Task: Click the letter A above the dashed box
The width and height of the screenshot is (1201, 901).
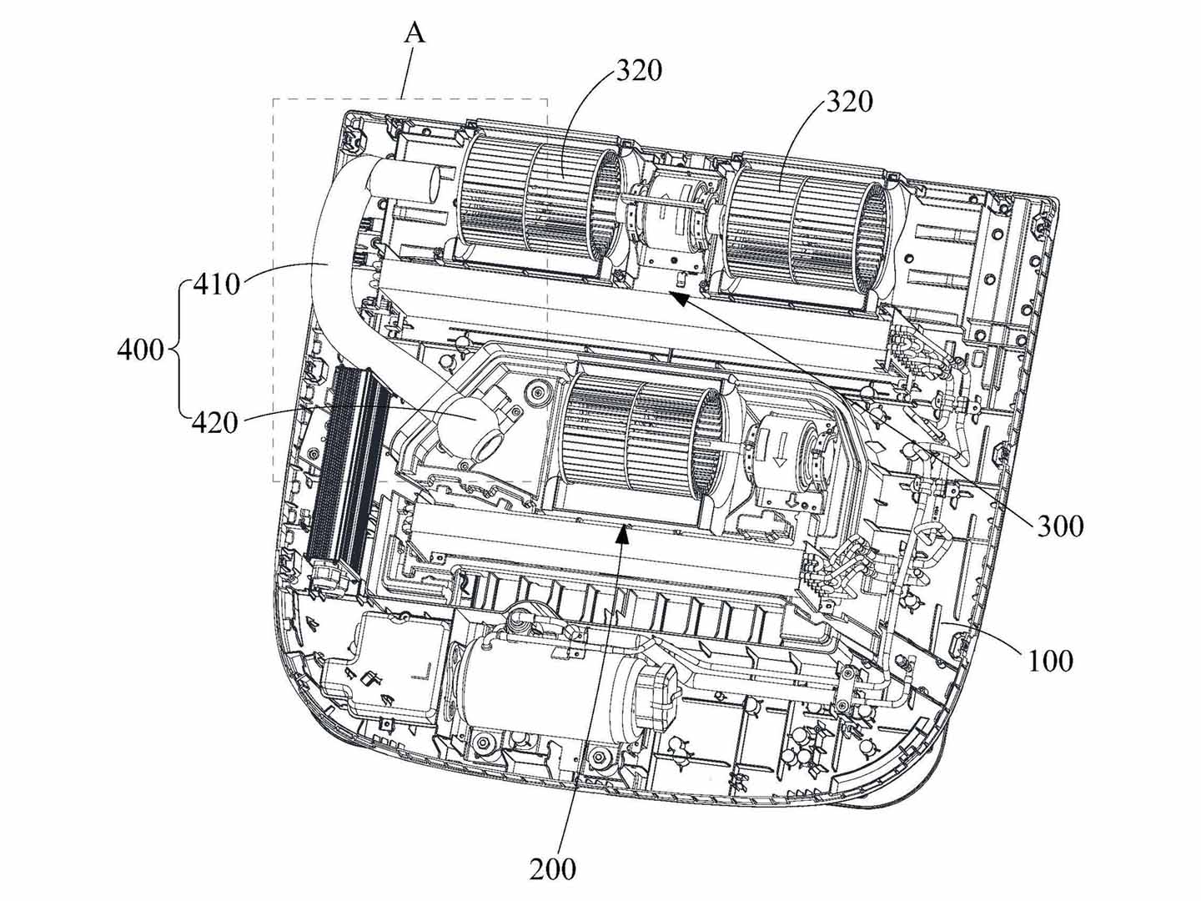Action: point(415,33)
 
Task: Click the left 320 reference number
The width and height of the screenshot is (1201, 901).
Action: point(640,71)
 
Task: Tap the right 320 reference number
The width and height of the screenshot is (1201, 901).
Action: point(850,102)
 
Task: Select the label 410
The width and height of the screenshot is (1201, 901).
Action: point(215,284)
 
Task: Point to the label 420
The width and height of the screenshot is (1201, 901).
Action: point(215,423)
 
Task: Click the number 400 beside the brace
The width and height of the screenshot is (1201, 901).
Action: point(140,349)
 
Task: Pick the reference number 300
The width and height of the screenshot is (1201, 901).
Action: point(1060,526)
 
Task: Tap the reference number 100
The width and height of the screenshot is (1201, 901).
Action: point(1049,661)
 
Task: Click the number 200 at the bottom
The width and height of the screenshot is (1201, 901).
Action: point(552,869)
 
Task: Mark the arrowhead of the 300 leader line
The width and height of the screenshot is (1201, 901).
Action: point(677,298)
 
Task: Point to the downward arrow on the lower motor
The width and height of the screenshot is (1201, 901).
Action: point(781,456)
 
